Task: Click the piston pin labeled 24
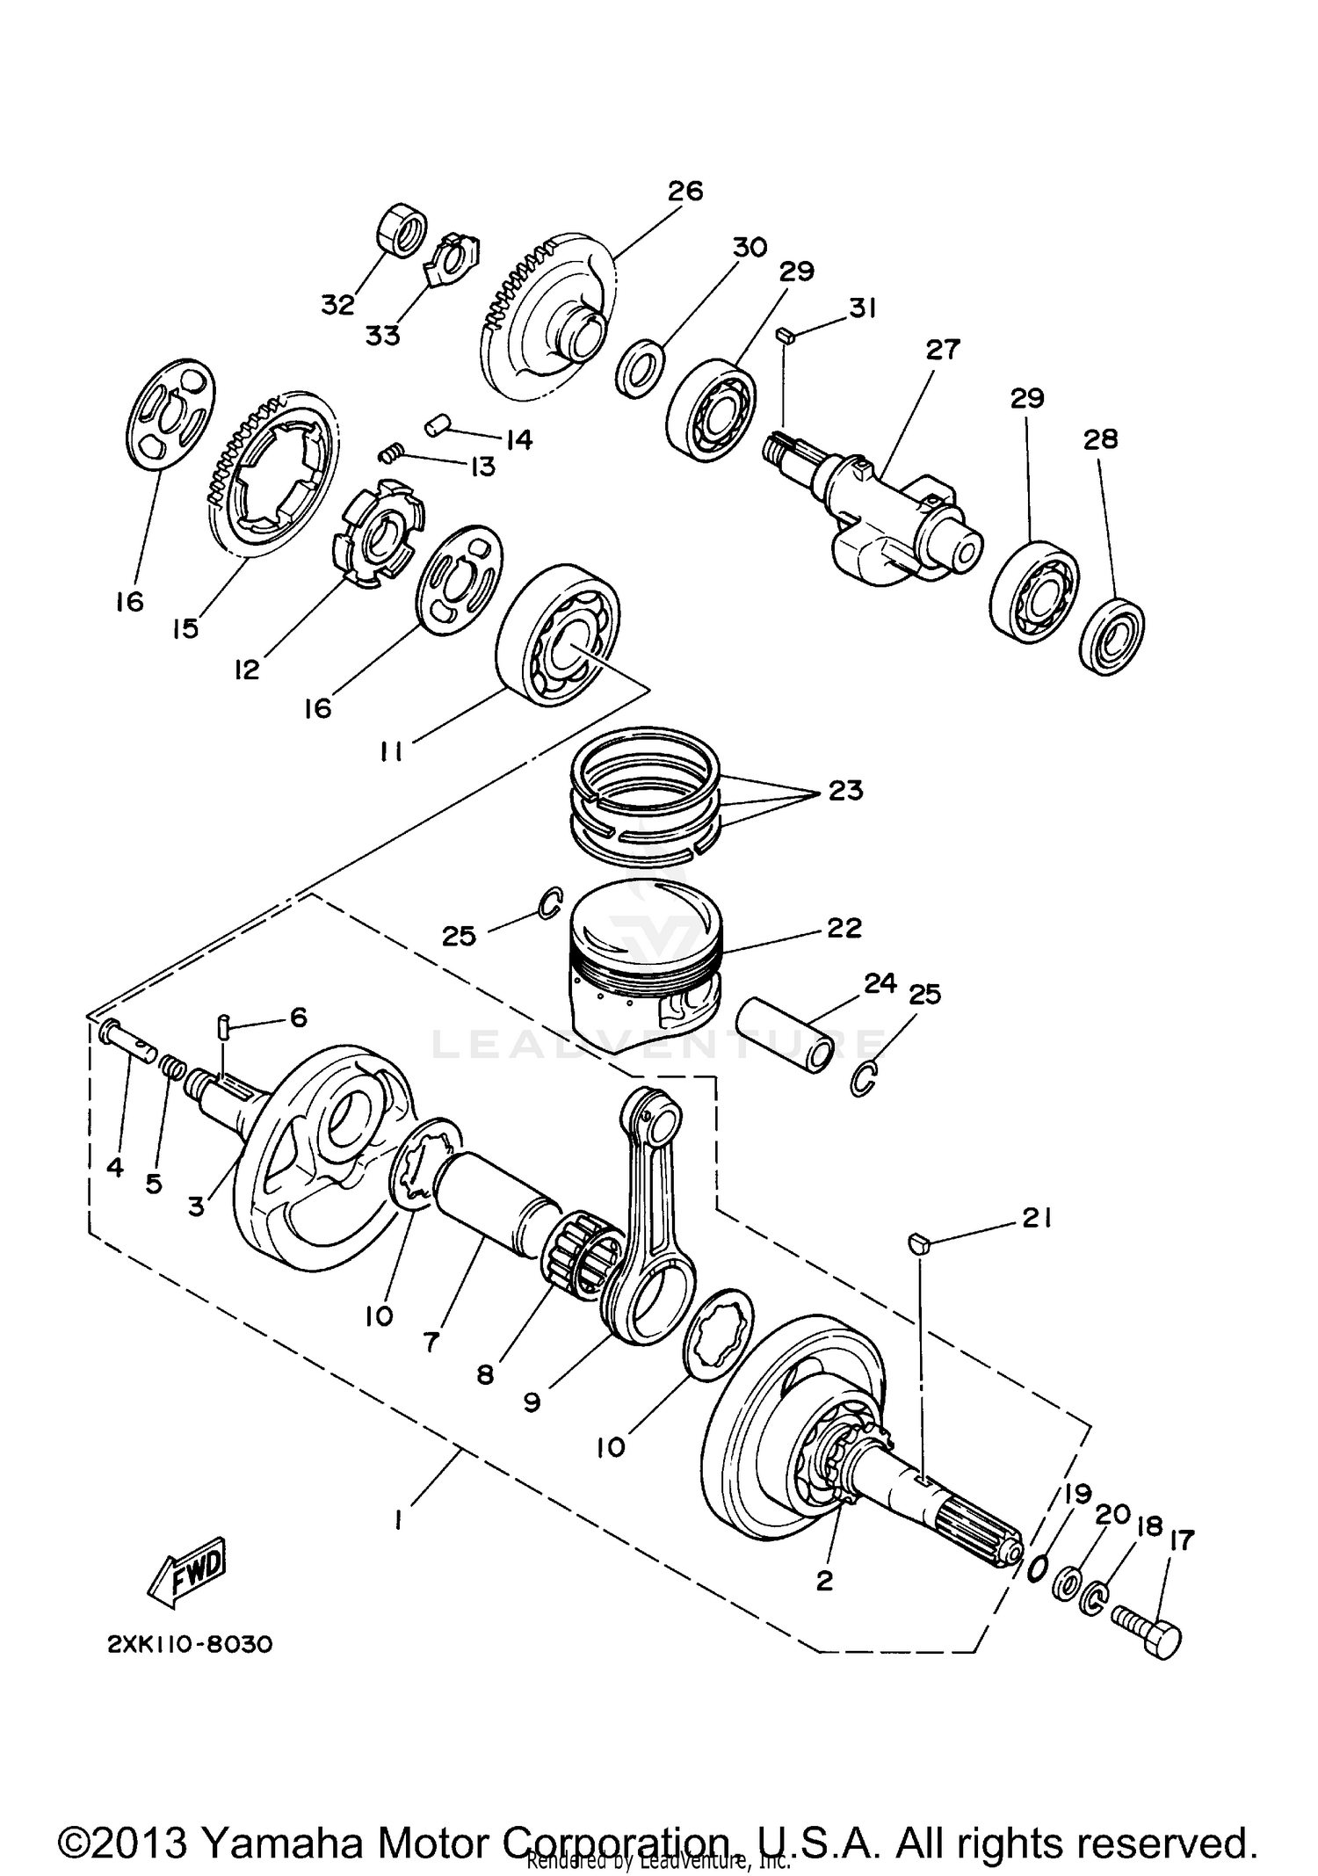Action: point(789,1032)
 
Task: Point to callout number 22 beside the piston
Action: point(844,928)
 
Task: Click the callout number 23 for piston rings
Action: point(845,791)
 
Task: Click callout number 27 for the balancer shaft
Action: point(943,350)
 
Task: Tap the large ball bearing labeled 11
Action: point(558,644)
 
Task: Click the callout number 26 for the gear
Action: point(685,191)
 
